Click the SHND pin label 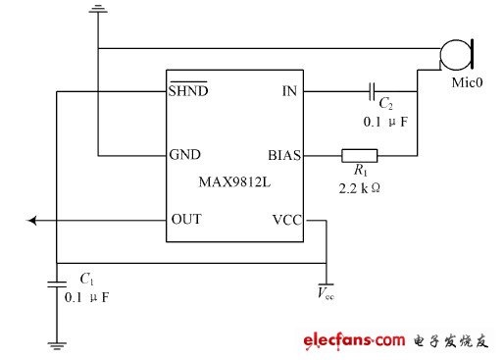coord(188,89)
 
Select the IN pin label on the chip coord(289,91)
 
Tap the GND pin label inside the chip coord(185,154)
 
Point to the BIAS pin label coord(284,155)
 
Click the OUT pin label coord(186,219)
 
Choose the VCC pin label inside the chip coord(287,220)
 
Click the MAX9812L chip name coord(234,181)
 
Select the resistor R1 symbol coord(360,156)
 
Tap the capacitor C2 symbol coord(372,91)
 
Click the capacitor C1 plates coord(57,284)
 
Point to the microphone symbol coord(457,55)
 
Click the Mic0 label coord(467,82)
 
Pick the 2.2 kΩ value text coord(359,188)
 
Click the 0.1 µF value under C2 coord(385,122)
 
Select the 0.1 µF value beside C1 coord(86,297)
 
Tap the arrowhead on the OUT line coord(31,221)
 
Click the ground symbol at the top coord(98,9)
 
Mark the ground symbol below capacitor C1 coord(57,346)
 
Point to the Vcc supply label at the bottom coord(326,292)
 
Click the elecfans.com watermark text coord(354,340)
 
